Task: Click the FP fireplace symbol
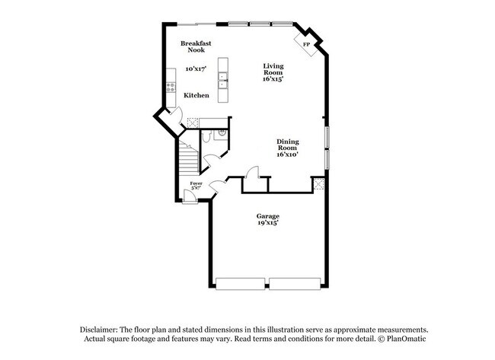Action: click(306, 44)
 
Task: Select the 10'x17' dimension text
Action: click(196, 69)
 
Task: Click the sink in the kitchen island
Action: click(223, 78)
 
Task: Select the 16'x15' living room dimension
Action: click(273, 79)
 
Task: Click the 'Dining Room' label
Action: click(287, 145)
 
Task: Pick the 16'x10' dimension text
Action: click(287, 155)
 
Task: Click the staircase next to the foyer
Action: click(187, 160)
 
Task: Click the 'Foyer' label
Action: click(196, 183)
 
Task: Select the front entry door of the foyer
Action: click(190, 197)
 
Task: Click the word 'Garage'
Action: click(267, 215)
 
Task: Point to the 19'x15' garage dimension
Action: click(267, 224)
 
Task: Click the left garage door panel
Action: click(241, 284)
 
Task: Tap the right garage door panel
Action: click(295, 284)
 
